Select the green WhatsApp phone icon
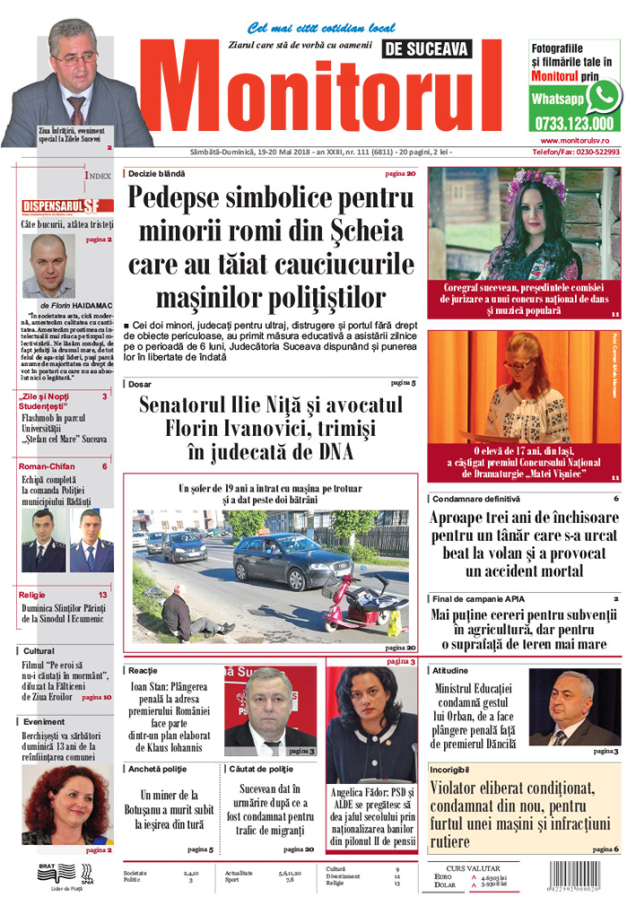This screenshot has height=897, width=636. [604, 94]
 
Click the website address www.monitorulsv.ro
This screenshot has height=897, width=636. [581, 141]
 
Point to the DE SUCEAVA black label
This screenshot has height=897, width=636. [425, 51]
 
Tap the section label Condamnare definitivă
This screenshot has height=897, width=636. [475, 498]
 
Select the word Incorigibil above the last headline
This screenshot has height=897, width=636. [453, 770]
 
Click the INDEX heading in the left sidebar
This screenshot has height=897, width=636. [98, 177]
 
